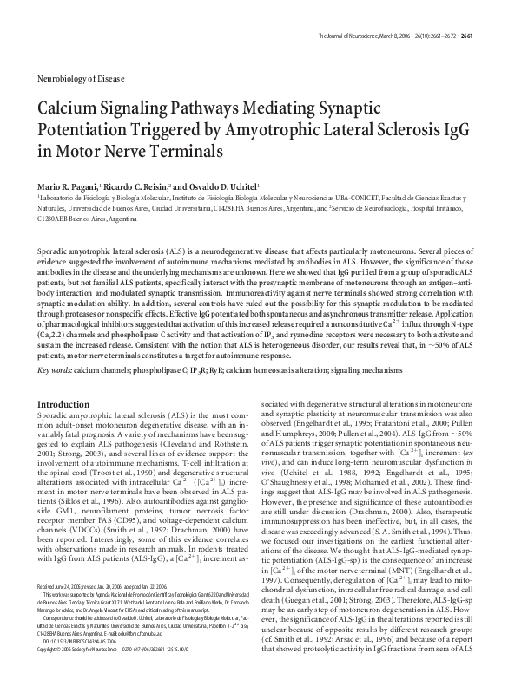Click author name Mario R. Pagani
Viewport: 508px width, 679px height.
[70, 186]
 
